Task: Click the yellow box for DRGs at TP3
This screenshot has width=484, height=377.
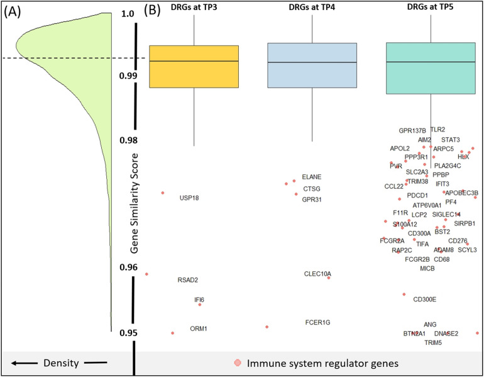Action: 194,66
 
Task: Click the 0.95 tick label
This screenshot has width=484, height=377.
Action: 128,333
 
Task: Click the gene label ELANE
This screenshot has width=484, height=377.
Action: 311,177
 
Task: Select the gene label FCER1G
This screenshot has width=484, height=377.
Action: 317,323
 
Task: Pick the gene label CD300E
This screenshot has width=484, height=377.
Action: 424,299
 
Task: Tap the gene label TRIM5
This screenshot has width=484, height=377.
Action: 433,343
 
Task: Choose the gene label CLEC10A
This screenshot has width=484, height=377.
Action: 317,274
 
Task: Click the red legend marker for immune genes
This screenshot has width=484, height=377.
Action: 237,363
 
